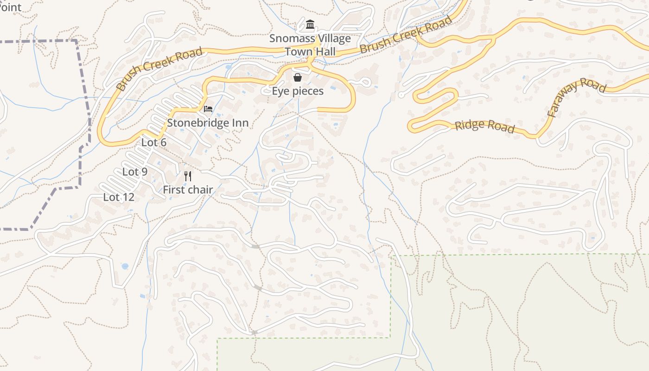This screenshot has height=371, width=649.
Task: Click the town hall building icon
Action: coord(310,25)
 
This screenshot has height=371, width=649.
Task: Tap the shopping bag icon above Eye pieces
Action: coord(298,77)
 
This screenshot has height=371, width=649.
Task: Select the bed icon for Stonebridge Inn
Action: coord(208,109)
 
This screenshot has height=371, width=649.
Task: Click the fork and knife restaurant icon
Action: coord(188,176)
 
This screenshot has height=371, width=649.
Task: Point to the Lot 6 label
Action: coord(154,142)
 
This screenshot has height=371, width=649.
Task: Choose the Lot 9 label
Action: coord(135,172)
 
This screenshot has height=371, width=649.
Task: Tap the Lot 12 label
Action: coord(119,197)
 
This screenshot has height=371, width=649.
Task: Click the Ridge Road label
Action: coord(484,126)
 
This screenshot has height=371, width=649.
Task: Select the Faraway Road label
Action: coord(576,97)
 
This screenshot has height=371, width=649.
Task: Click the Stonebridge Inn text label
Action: coord(208,123)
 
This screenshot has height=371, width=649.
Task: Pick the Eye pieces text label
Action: coord(298,91)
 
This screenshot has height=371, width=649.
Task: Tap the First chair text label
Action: coord(188,190)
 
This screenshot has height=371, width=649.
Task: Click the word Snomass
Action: coord(291,38)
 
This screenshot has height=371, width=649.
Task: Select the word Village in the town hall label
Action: coord(332,38)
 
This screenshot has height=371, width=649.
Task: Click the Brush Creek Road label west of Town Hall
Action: coord(159,69)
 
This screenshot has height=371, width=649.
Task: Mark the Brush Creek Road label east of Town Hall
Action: coord(406,35)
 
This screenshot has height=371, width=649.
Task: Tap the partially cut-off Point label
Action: coord(11,7)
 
